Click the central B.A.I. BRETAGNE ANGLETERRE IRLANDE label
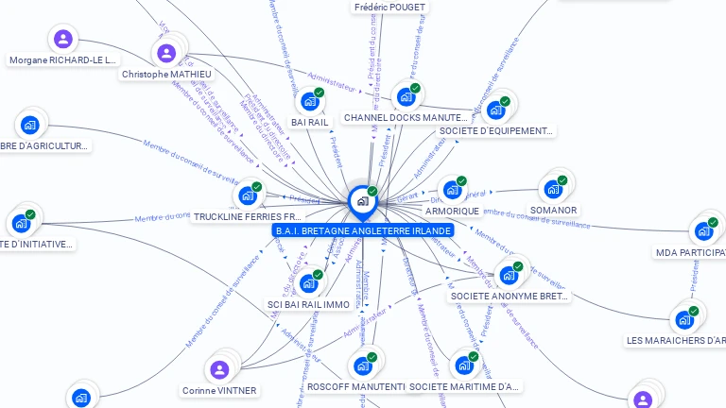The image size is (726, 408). [x=362, y=230]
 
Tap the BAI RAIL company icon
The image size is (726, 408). [x=310, y=102]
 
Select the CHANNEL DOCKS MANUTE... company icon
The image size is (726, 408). [x=406, y=96]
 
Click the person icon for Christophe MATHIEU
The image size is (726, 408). [x=166, y=53]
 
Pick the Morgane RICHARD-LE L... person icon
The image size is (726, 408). [x=62, y=39]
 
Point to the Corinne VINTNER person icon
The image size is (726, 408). [x=219, y=369]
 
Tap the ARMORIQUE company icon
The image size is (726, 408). [x=452, y=190]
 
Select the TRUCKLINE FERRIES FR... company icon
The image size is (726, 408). [x=248, y=195]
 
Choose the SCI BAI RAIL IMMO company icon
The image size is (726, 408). [x=308, y=283]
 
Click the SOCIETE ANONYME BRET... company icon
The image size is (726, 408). [x=509, y=275]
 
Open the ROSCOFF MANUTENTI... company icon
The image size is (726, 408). [x=362, y=365]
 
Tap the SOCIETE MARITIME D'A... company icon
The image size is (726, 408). [x=464, y=365]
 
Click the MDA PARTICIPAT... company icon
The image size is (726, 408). [x=703, y=231]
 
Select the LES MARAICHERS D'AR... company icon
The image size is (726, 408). [x=683, y=319]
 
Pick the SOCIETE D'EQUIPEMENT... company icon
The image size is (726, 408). [x=495, y=110]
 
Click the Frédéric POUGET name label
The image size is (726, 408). [x=390, y=7]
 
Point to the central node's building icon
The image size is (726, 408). [x=362, y=200]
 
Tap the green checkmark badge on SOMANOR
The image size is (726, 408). [x=562, y=180]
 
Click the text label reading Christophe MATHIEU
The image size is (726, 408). [x=166, y=74]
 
